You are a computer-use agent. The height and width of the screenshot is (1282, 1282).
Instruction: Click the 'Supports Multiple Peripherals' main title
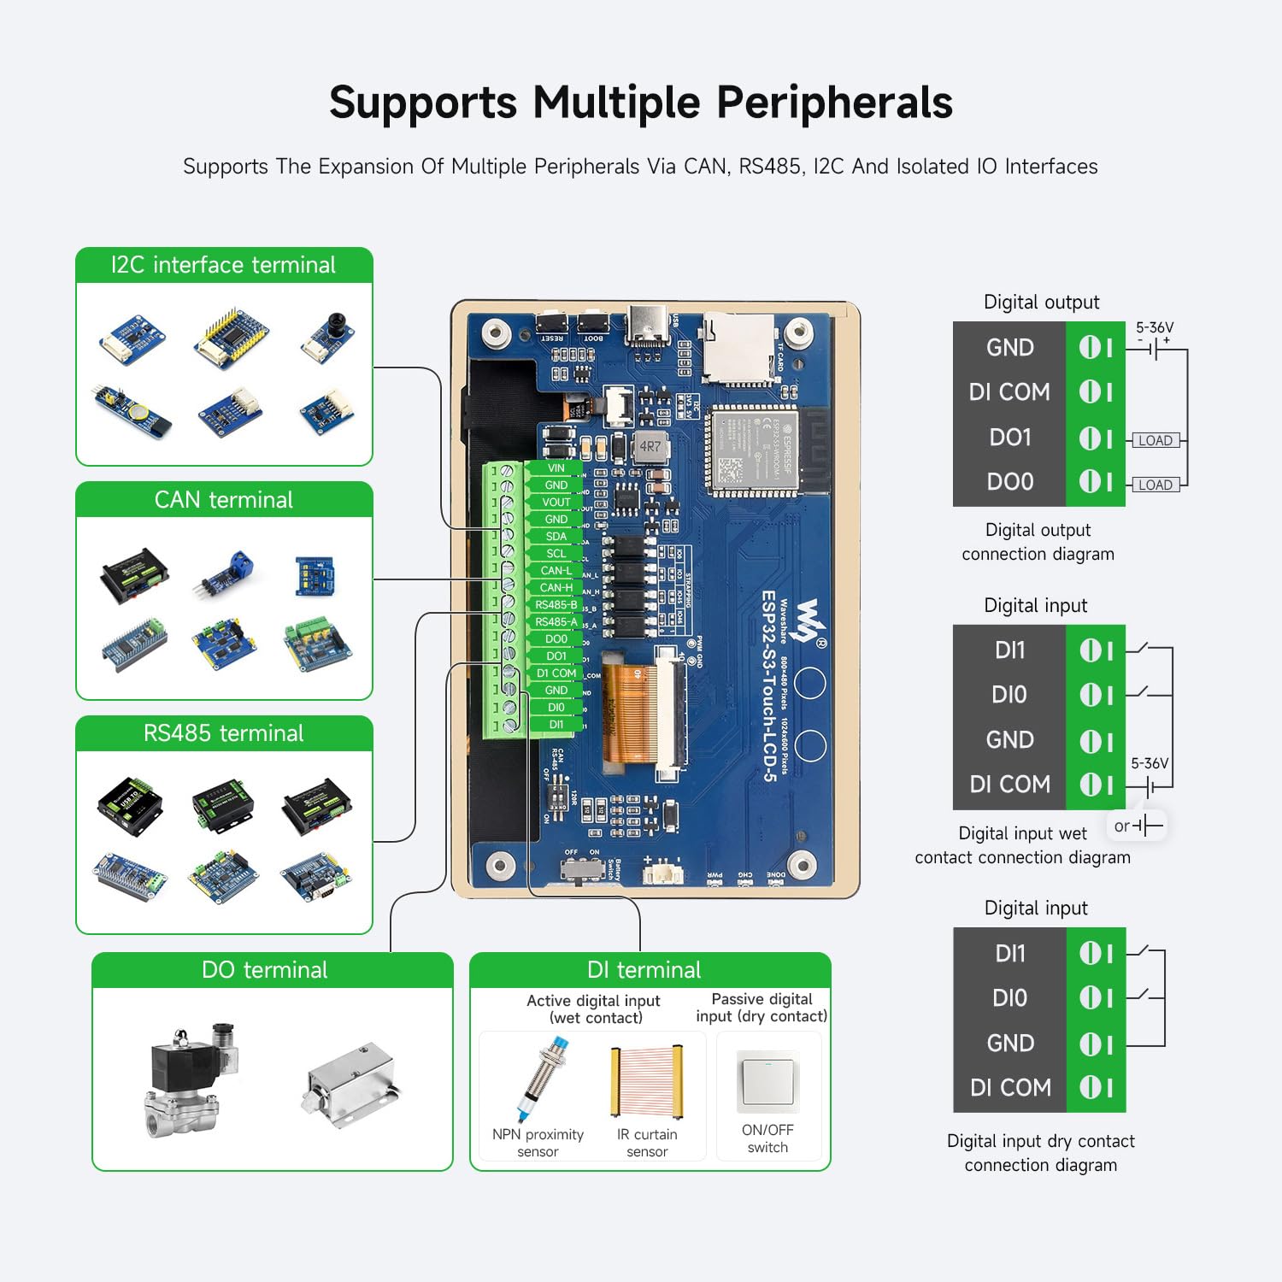(641, 103)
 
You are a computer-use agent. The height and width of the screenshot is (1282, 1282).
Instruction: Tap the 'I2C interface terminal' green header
(224, 265)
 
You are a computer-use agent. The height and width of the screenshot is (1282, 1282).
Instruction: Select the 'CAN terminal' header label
(224, 500)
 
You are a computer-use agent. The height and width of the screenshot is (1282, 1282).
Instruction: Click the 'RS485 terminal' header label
(224, 733)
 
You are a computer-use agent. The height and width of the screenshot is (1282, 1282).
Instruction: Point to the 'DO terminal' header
(265, 970)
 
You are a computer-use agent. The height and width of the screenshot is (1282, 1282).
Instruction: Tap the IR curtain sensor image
(647, 1080)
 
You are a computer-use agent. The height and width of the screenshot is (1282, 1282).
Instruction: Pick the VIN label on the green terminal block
(556, 468)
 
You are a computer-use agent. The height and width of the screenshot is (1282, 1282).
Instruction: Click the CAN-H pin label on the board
(556, 588)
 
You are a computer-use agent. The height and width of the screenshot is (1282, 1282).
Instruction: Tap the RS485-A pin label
(556, 622)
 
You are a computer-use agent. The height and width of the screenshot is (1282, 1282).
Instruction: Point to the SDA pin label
(556, 537)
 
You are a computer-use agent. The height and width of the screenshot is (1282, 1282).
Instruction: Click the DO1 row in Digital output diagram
(1010, 438)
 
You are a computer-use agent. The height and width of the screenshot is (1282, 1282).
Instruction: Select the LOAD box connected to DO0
(1155, 485)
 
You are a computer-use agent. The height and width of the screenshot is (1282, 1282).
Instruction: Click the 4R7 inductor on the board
(650, 446)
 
